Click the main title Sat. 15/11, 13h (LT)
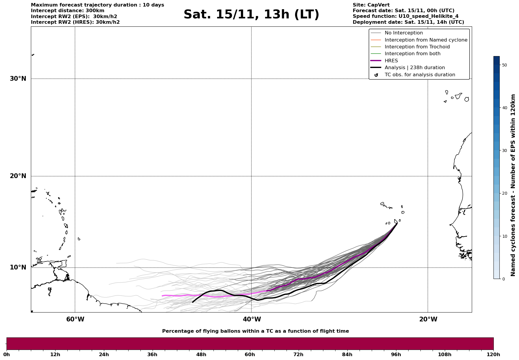pos(251,15)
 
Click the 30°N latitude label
pos(18,79)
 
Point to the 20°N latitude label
pos(18,176)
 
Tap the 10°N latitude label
pos(18,267)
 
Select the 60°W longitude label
pos(75,319)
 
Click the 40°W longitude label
pos(252,319)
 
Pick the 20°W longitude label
pos(428,319)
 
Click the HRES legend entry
pos(391,61)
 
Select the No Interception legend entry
pos(404,33)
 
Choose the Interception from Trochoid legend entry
pos(417,47)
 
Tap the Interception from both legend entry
pos(412,54)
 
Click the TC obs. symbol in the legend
pos(376,75)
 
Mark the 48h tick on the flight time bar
pos(201,354)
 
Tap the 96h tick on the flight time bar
pos(396,354)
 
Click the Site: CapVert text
pos(371,5)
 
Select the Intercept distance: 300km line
pos(67,11)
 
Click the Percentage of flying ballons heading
pos(255,331)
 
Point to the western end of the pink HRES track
pos(162,296)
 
